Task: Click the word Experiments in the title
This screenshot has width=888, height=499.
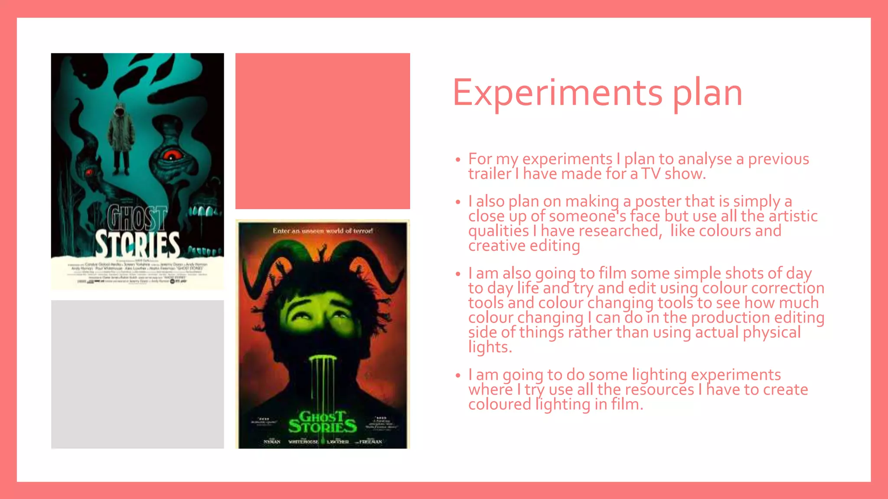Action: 558,93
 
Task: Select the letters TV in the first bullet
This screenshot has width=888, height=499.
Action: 651,174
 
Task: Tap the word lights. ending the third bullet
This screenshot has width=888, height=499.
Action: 490,347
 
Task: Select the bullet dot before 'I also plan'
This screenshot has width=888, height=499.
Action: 457,202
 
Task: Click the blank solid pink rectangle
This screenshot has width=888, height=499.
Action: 323,131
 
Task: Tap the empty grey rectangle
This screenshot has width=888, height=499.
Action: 137,374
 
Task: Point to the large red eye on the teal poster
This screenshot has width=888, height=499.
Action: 172,155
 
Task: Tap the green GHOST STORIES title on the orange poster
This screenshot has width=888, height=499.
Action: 323,422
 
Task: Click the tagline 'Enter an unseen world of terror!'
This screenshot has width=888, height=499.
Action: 323,231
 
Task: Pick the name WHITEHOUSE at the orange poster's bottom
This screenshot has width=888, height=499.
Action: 303,442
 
